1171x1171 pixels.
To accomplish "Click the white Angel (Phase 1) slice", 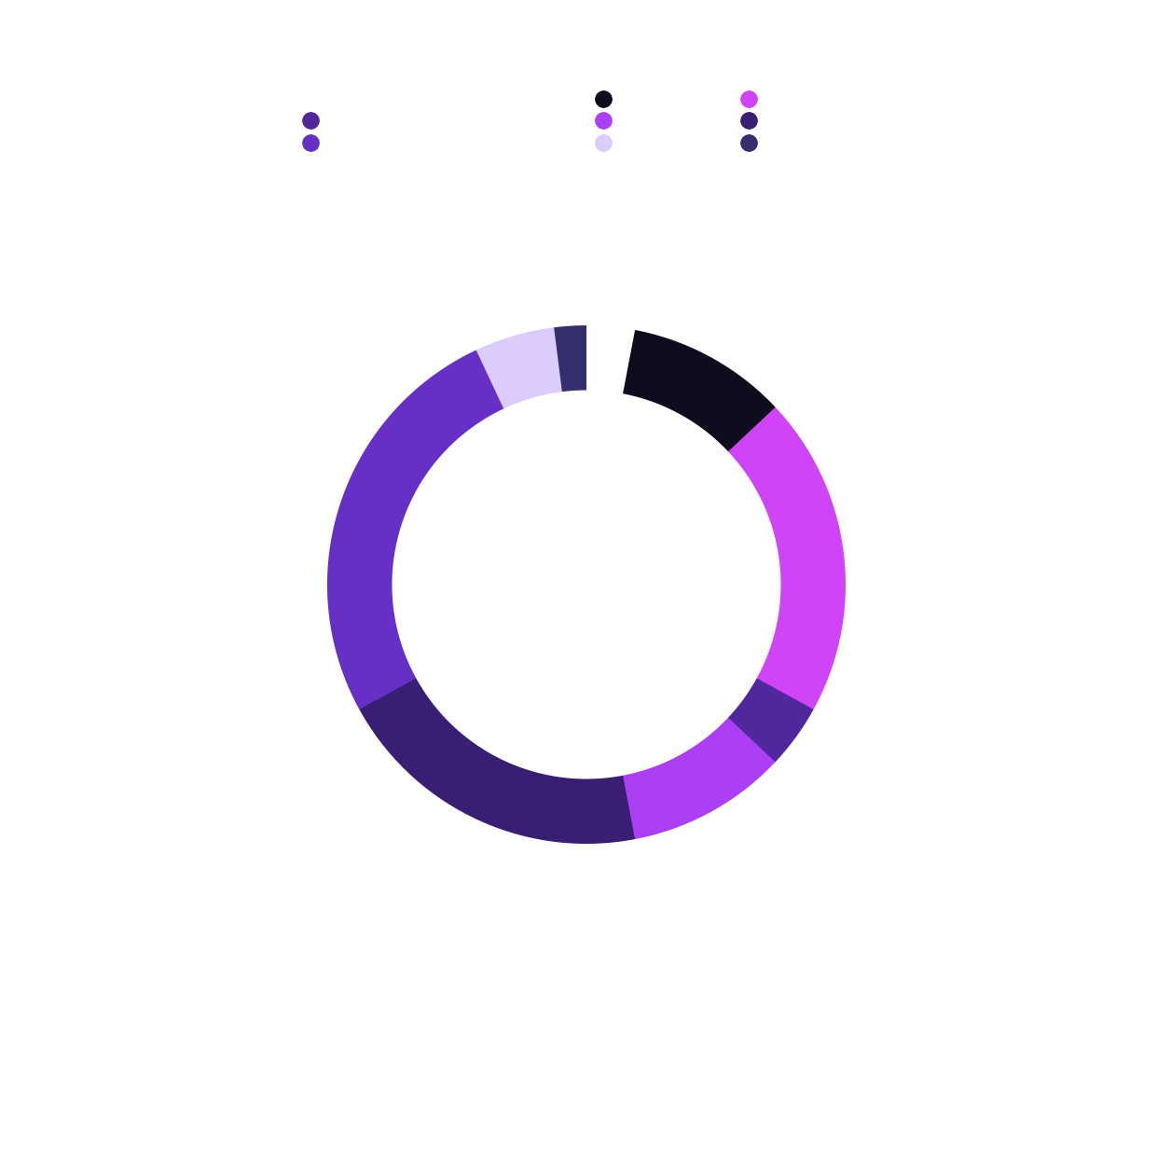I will tap(608, 359).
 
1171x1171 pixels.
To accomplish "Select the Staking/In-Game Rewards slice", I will tap(373, 531).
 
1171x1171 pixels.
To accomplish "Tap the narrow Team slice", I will tap(571, 359).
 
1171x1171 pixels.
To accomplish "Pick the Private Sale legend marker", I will tap(749, 100).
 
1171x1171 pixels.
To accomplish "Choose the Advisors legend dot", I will tap(603, 144).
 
